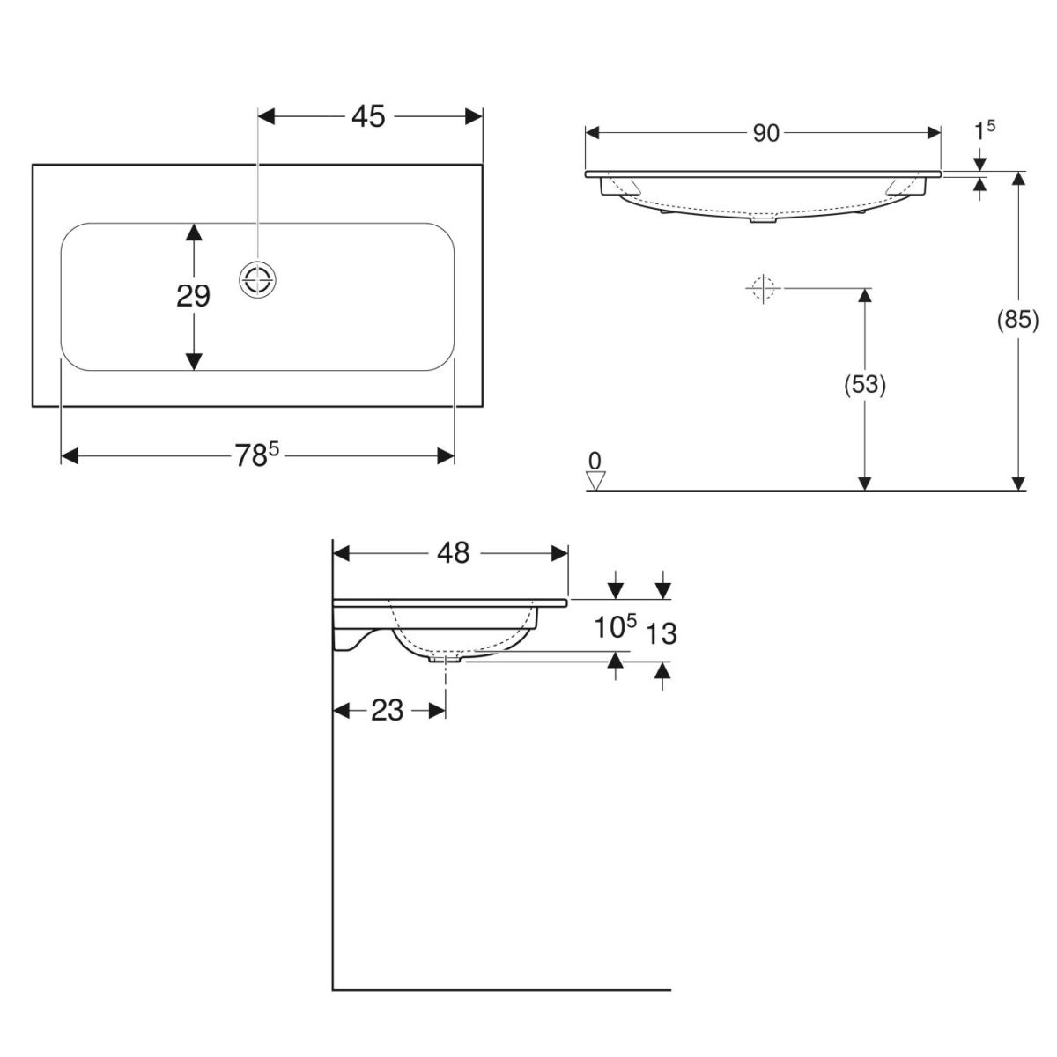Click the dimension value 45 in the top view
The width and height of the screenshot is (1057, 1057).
368,117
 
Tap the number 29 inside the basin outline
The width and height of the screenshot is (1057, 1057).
193,296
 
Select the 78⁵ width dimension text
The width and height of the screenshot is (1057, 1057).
257,455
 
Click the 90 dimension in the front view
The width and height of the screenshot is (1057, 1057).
765,133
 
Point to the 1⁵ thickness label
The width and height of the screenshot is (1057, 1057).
984,130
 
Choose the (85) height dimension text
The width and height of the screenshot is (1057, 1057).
1017,320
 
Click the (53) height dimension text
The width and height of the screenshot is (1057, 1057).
864,385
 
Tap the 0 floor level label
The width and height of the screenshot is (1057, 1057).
595,461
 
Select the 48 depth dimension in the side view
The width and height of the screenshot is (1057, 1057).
453,553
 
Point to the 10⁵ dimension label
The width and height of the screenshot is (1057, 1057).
616,626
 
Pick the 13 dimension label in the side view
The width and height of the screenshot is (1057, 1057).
661,634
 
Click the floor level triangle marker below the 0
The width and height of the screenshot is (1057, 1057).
595,481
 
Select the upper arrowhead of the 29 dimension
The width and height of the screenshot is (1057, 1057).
194,232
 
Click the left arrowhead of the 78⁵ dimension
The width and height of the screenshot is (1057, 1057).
69,455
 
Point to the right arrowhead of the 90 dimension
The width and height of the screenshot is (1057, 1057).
934,133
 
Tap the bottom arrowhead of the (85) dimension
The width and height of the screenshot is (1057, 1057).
1018,482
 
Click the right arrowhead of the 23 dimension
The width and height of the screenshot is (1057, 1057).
437,711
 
